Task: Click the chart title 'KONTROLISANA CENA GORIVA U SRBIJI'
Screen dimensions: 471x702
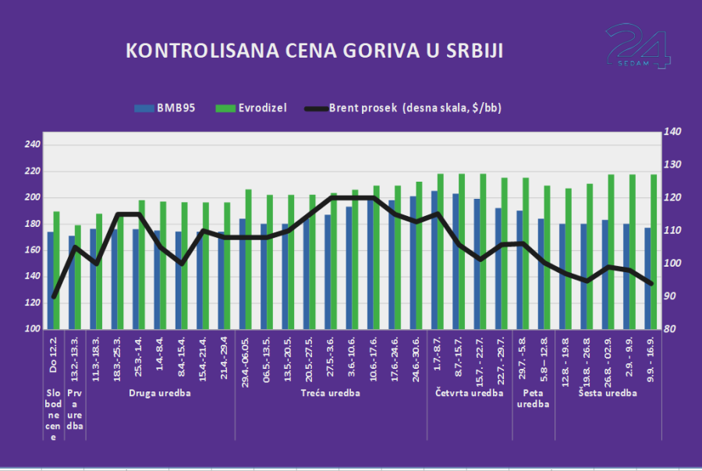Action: (314, 51)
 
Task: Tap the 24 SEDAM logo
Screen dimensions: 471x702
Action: (638, 45)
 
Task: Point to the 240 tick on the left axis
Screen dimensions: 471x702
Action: (32, 145)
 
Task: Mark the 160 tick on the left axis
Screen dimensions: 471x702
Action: (32, 250)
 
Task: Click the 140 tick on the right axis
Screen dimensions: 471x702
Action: (672, 132)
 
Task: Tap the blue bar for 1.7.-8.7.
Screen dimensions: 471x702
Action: (434, 260)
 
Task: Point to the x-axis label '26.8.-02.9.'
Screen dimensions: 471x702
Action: (607, 357)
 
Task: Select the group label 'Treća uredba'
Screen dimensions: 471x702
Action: (330, 393)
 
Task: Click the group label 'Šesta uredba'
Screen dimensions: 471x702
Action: (608, 393)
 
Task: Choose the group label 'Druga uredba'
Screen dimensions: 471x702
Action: (159, 393)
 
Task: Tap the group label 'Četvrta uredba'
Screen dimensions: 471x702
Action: (468, 393)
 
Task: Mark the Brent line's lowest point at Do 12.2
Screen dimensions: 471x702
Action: (54, 296)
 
